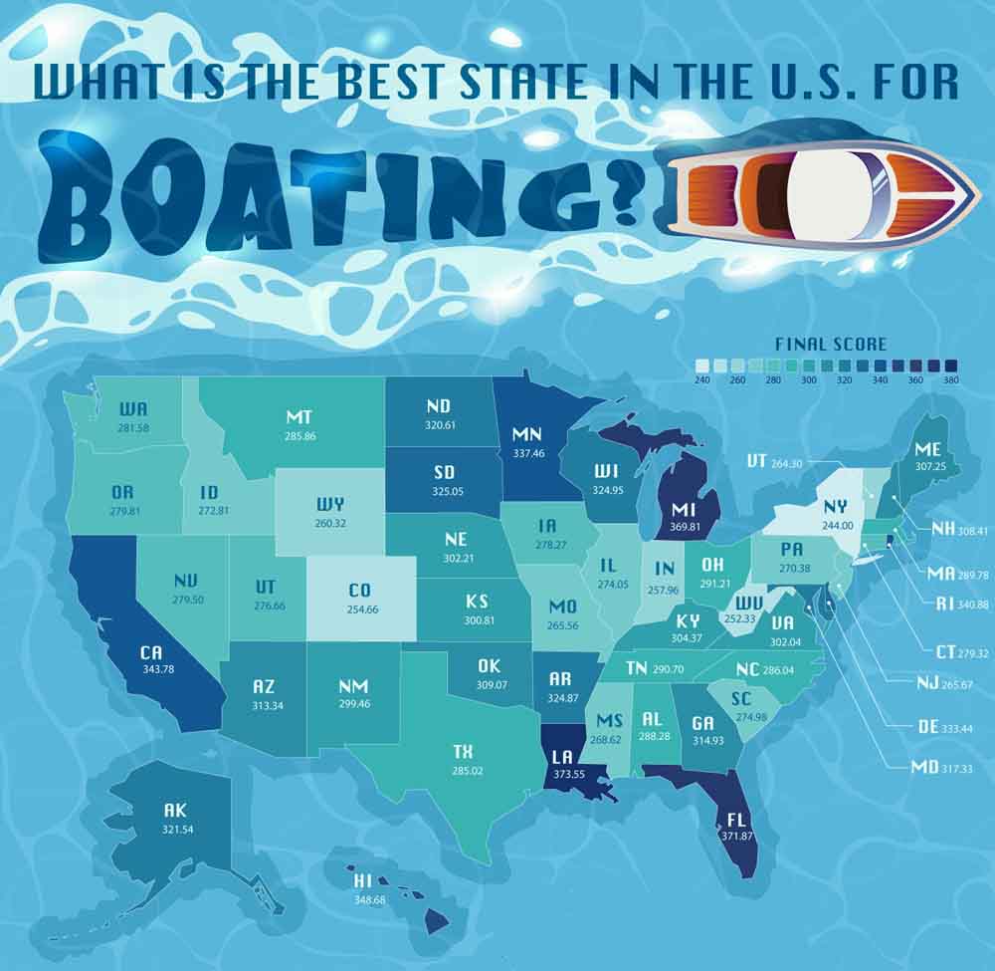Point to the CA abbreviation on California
(151, 652)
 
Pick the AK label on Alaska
(175, 811)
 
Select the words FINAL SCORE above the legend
(830, 345)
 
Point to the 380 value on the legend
(949, 380)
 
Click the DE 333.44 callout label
(917, 727)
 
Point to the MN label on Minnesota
(526, 435)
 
